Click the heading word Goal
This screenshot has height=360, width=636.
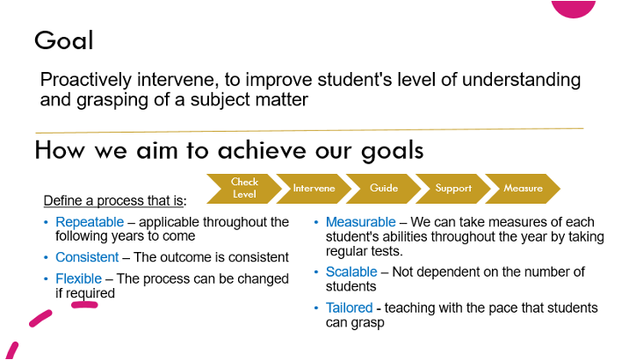click(64, 40)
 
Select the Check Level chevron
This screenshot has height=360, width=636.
click(244, 189)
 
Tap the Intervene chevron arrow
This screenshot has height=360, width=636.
click(314, 189)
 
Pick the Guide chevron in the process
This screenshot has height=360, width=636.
click(384, 189)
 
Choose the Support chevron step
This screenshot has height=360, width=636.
click(453, 189)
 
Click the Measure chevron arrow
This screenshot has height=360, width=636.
click(524, 189)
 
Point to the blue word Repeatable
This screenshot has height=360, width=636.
click(90, 222)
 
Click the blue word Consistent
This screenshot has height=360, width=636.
click(87, 257)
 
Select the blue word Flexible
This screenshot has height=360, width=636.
click(79, 279)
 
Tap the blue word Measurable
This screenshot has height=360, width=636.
click(360, 222)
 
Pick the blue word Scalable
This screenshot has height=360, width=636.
click(351, 271)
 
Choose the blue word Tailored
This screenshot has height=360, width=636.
click(350, 308)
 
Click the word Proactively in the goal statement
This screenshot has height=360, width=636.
click(86, 80)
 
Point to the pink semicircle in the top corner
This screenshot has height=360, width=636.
click(574, 8)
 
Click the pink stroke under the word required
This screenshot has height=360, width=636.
click(84, 305)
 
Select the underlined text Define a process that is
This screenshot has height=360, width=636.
click(113, 201)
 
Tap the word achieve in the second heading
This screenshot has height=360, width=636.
click(262, 150)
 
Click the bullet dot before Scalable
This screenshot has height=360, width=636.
click(316, 272)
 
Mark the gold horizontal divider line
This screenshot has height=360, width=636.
click(309, 131)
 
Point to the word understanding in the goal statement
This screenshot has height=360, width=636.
click(521, 80)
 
